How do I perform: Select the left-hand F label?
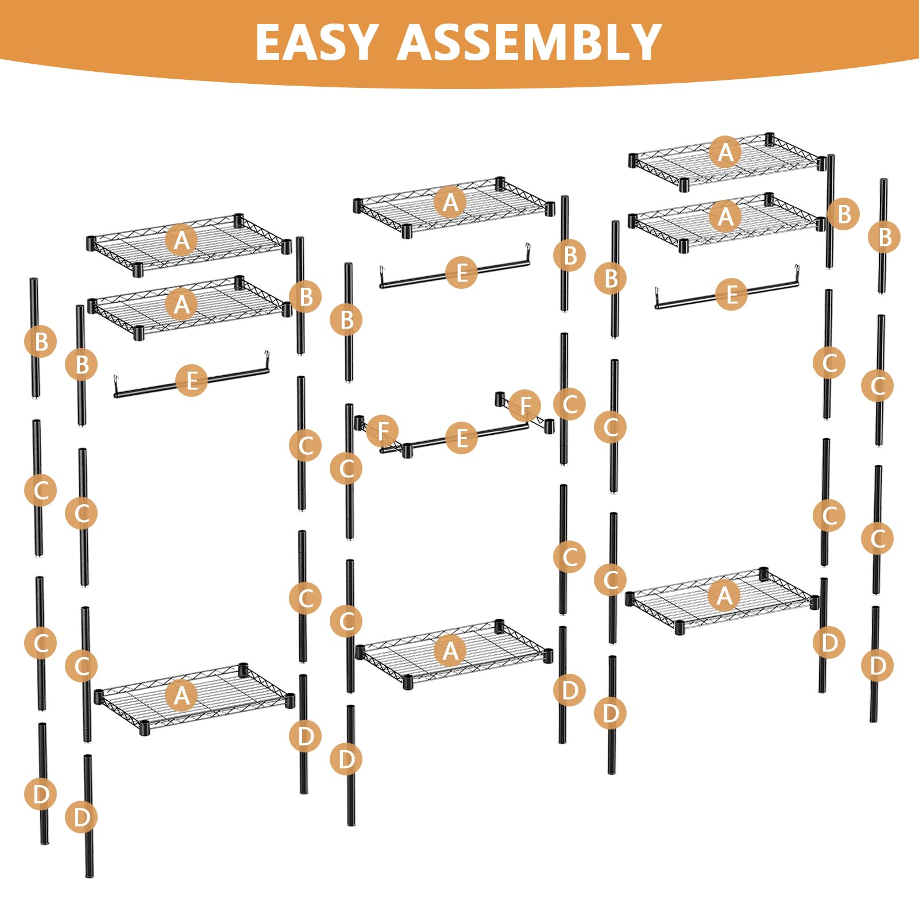click(x=383, y=431)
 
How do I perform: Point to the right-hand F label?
click(x=525, y=405)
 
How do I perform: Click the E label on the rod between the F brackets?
click(x=461, y=438)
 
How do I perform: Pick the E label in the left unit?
click(x=192, y=380)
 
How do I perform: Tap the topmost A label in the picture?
click(x=725, y=152)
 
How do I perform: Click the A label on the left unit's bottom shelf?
click(x=182, y=696)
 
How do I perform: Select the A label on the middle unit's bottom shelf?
click(x=450, y=651)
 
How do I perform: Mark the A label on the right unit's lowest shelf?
click(x=724, y=596)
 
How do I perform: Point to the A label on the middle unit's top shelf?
click(x=450, y=202)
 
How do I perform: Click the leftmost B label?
click(x=41, y=342)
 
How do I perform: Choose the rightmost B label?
click(x=885, y=237)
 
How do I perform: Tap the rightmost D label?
click(x=878, y=666)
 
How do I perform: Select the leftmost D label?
click(x=41, y=794)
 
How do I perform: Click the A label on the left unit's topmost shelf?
click(x=182, y=240)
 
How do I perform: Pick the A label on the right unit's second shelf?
click(x=725, y=217)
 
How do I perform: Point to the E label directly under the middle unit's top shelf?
click(x=461, y=272)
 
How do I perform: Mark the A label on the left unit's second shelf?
click(x=182, y=303)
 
